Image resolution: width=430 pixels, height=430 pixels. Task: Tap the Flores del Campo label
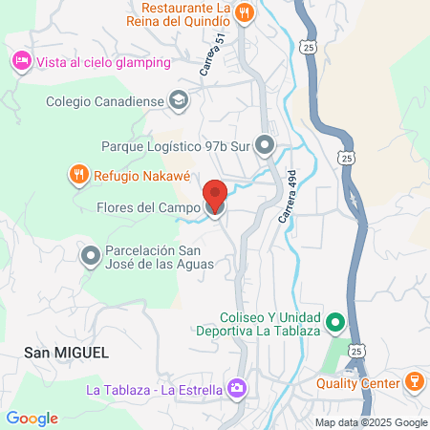[x=148, y=207]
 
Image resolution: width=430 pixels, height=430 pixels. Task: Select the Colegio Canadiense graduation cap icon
[x=178, y=99]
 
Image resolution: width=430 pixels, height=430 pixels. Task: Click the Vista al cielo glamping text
[x=104, y=62]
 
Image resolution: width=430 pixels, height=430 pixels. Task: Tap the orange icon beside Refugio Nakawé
[x=77, y=174]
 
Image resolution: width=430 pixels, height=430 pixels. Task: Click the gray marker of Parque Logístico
[x=266, y=146]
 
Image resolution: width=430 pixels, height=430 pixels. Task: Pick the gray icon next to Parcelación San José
[x=91, y=256]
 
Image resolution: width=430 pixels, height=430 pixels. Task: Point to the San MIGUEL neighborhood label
[x=67, y=352]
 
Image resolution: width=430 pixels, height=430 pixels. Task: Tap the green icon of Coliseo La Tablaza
[x=335, y=322]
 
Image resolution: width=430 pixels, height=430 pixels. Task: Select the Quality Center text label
[x=357, y=383]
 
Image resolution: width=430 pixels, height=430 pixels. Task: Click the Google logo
[x=32, y=419]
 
